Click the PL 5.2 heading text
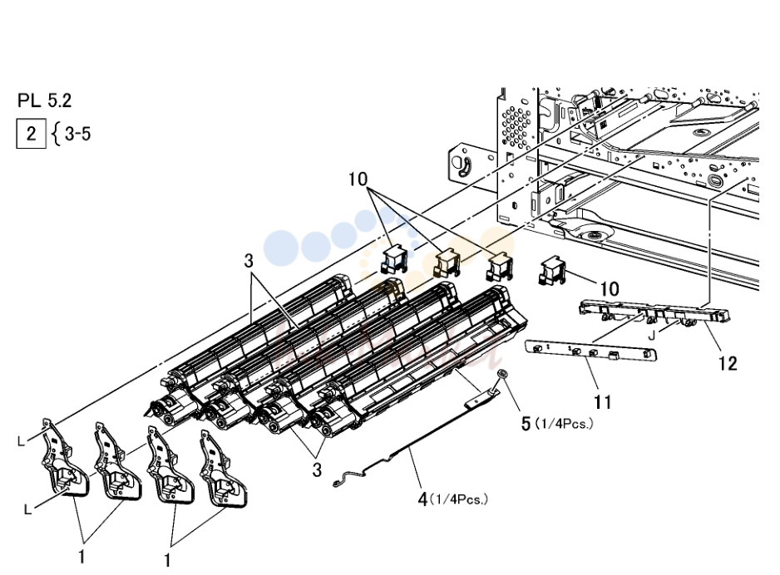(x=44, y=101)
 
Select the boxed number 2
(x=32, y=134)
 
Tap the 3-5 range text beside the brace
(x=77, y=134)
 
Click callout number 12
(x=728, y=363)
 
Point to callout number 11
(x=602, y=401)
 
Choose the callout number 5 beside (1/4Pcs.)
(x=526, y=424)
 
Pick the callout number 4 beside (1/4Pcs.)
(x=422, y=499)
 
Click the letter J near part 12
(x=652, y=336)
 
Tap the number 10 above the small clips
(x=358, y=179)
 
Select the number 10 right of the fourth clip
(x=610, y=288)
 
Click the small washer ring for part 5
(x=502, y=373)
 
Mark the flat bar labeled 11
(x=591, y=350)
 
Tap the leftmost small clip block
(x=394, y=259)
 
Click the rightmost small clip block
(x=551, y=270)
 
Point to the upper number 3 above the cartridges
(x=249, y=261)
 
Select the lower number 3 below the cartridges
(x=317, y=470)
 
